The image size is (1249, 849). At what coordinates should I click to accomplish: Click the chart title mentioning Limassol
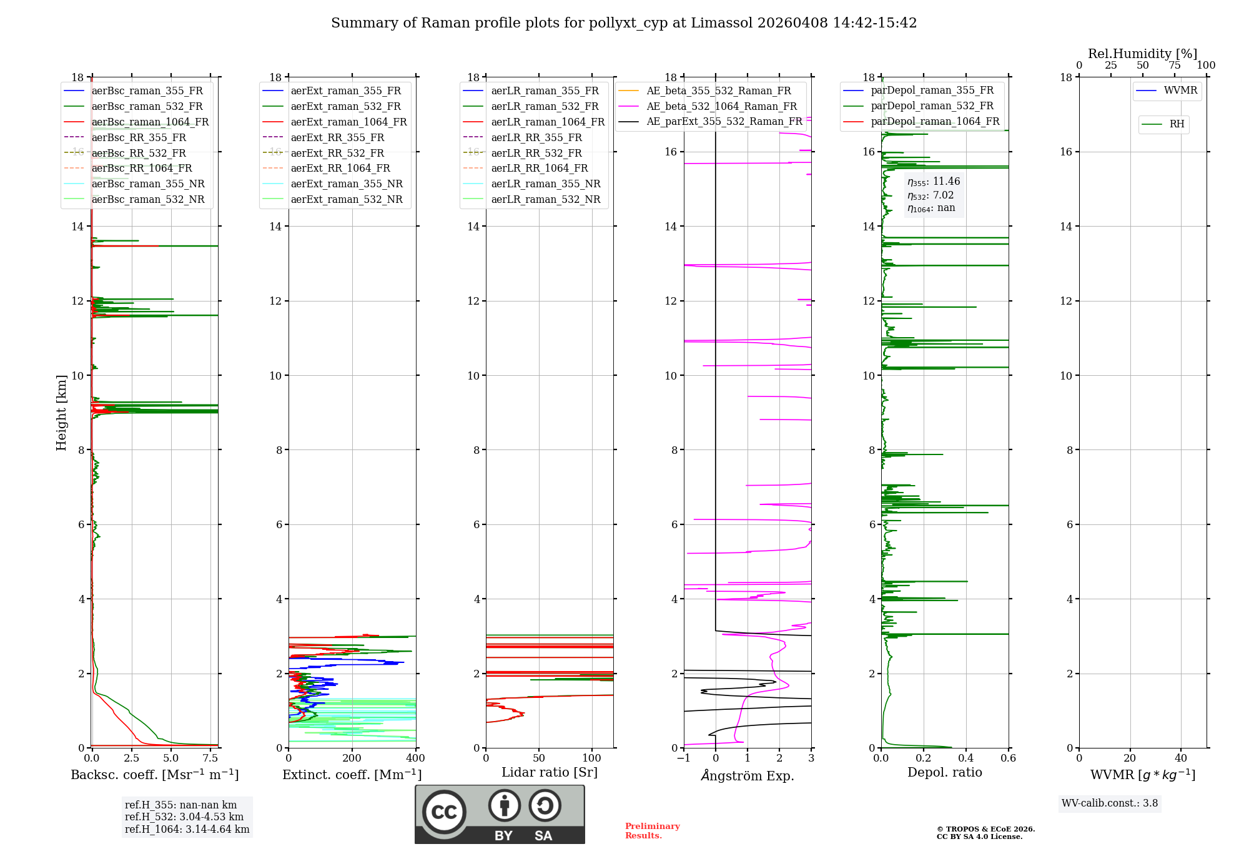624,23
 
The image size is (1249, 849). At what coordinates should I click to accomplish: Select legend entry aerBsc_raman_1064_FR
150,122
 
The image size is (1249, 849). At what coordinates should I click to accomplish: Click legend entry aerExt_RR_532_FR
337,153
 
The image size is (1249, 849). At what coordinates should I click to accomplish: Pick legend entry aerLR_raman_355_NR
545,184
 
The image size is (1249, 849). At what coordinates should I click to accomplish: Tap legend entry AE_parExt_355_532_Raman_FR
724,121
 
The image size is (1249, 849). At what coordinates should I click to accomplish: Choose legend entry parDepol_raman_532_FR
932,106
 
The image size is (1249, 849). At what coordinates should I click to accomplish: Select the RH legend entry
1177,124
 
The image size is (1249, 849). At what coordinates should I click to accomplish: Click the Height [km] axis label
61,412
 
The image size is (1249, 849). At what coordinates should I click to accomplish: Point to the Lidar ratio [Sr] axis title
550,772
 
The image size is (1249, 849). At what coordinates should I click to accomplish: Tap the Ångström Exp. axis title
748,775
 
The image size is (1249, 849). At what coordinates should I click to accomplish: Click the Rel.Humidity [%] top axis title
1142,54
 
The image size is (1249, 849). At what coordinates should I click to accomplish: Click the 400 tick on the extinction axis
415,758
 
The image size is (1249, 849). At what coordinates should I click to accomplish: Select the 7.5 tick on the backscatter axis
210,758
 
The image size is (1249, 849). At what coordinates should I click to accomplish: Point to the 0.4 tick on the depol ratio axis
966,758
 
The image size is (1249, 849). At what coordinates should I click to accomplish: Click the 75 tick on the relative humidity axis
1175,66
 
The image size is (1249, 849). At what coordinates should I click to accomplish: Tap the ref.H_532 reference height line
184,817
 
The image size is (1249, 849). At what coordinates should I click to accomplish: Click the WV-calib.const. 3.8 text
1110,803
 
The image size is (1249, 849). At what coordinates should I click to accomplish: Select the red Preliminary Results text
652,831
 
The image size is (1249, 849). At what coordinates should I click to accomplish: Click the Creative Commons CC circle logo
444,812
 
